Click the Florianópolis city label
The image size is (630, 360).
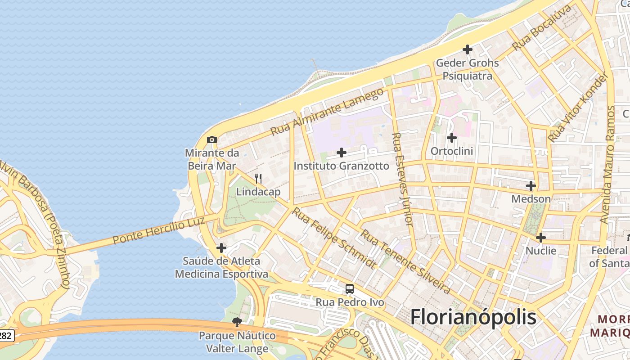473,317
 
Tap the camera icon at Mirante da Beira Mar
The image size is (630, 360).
212,140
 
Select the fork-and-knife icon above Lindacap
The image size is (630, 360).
258,179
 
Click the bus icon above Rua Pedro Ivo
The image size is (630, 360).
350,289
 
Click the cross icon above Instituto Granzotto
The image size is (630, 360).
342,153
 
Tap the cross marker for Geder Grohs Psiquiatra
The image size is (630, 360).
468,49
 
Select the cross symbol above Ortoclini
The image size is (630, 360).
452,138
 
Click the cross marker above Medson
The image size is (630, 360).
531,186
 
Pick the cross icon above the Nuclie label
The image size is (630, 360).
541,238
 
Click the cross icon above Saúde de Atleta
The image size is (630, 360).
221,248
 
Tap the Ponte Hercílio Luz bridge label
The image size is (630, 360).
159,229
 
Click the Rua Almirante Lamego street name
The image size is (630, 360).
327,111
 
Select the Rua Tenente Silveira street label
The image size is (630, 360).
405,261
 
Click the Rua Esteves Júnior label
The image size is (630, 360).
402,179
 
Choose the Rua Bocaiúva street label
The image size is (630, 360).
542,28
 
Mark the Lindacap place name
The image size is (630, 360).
258,192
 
